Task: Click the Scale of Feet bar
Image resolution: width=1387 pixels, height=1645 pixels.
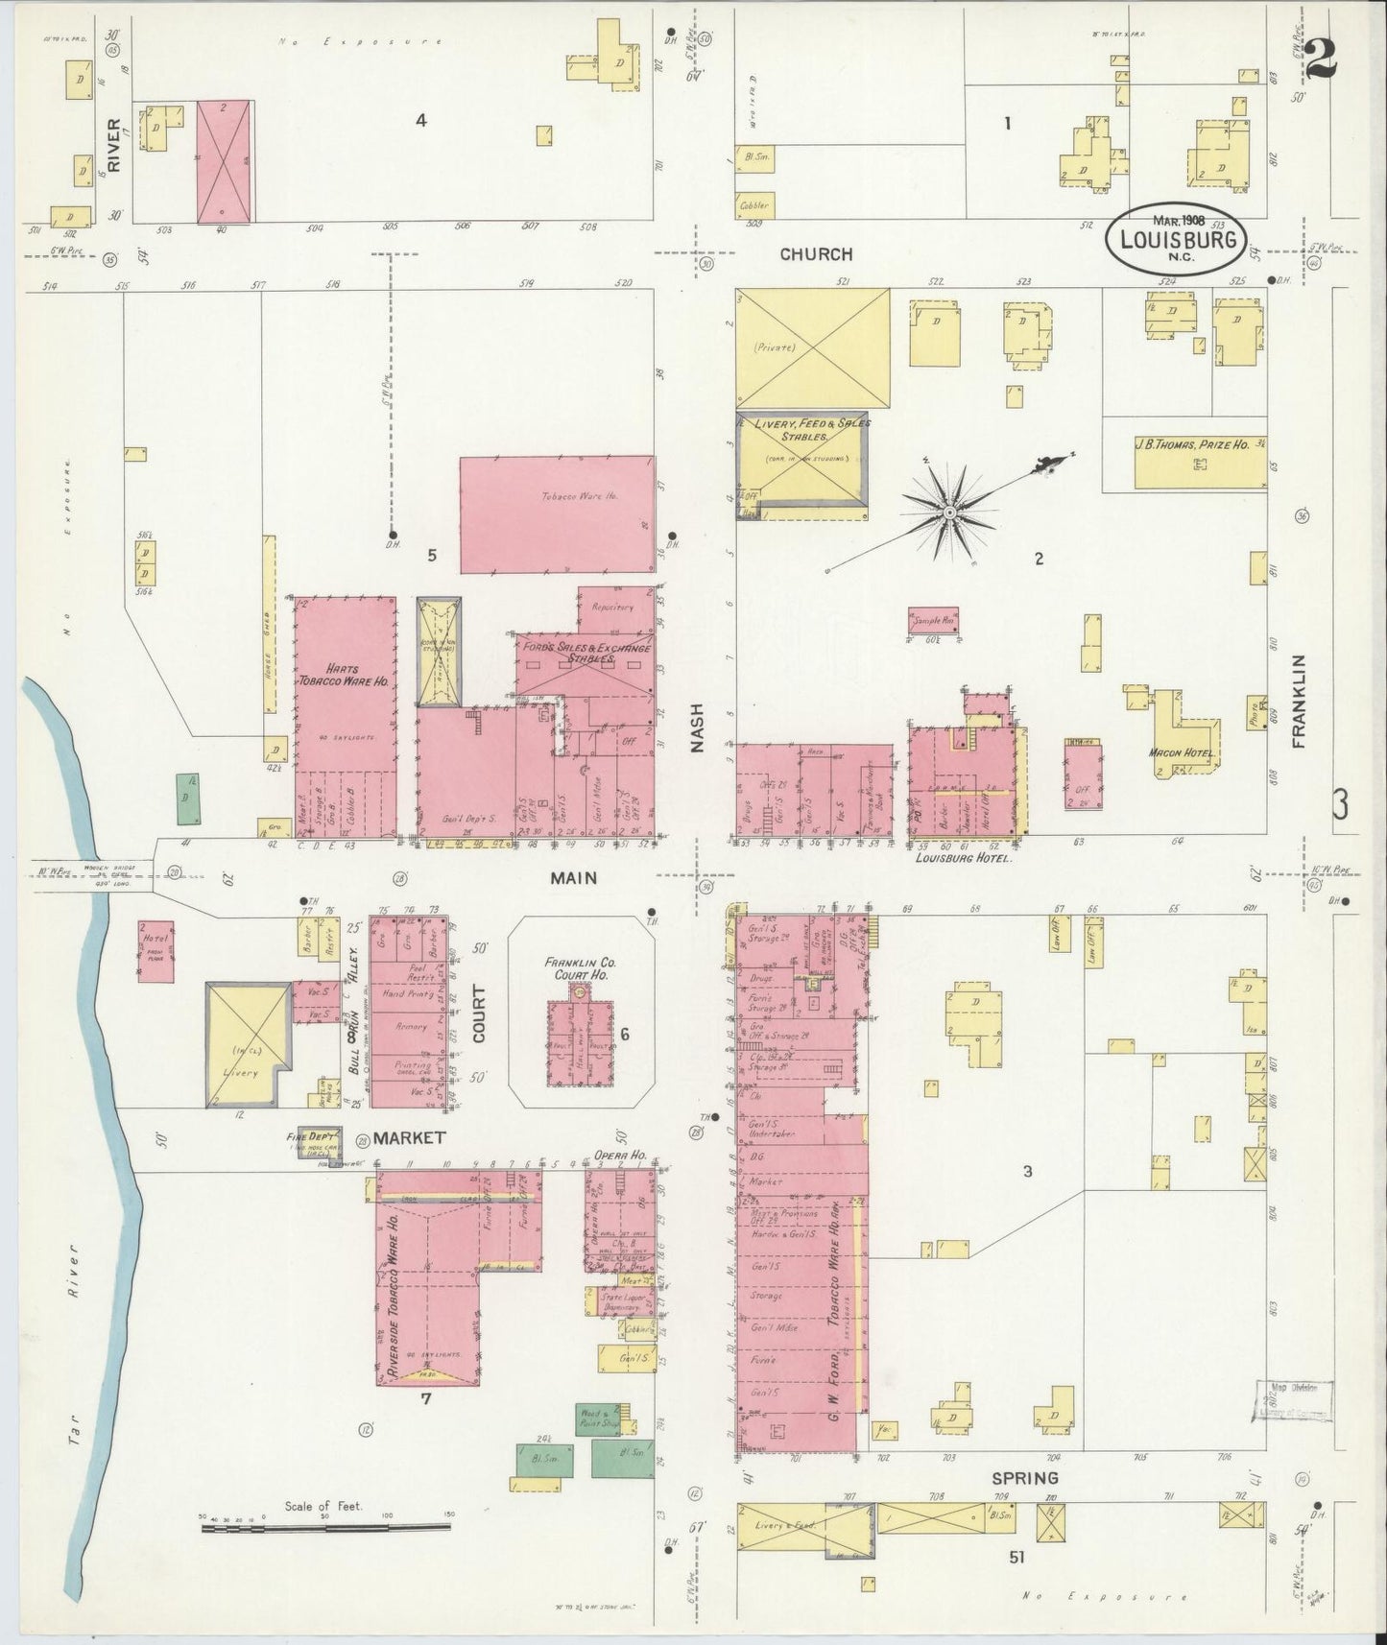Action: coord(325,1525)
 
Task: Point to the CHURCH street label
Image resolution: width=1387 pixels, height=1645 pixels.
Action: coord(816,254)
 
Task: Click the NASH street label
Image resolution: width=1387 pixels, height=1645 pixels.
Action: coord(696,728)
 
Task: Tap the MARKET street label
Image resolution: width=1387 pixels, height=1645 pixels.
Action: coord(409,1138)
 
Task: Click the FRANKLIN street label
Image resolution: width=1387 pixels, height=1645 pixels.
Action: coord(1299,702)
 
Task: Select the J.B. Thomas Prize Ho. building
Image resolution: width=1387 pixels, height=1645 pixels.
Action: coord(1200,464)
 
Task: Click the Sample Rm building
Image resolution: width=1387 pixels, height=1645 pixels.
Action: coord(934,620)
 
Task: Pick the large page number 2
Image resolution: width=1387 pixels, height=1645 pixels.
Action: coord(1322,56)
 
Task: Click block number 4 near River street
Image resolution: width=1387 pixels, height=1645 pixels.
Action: coord(419,120)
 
